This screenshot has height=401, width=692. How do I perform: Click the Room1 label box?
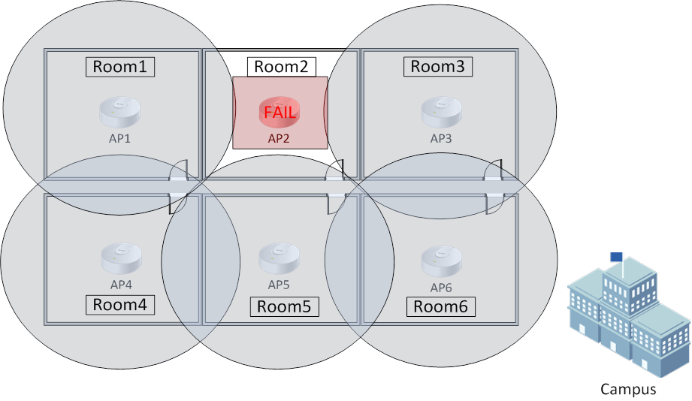(119, 66)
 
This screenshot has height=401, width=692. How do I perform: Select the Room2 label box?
(282, 67)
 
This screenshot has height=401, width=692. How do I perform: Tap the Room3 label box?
(438, 66)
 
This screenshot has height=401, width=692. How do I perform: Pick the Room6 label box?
(441, 306)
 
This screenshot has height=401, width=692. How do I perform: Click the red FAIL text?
(280, 113)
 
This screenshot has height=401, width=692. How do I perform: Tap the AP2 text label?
(280, 138)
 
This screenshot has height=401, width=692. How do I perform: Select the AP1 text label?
(120, 139)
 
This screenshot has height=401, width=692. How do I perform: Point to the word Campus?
(628, 389)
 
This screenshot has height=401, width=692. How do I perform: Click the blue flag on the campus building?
(616, 256)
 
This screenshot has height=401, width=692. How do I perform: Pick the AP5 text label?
(279, 285)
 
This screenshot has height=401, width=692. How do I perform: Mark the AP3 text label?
(441, 138)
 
